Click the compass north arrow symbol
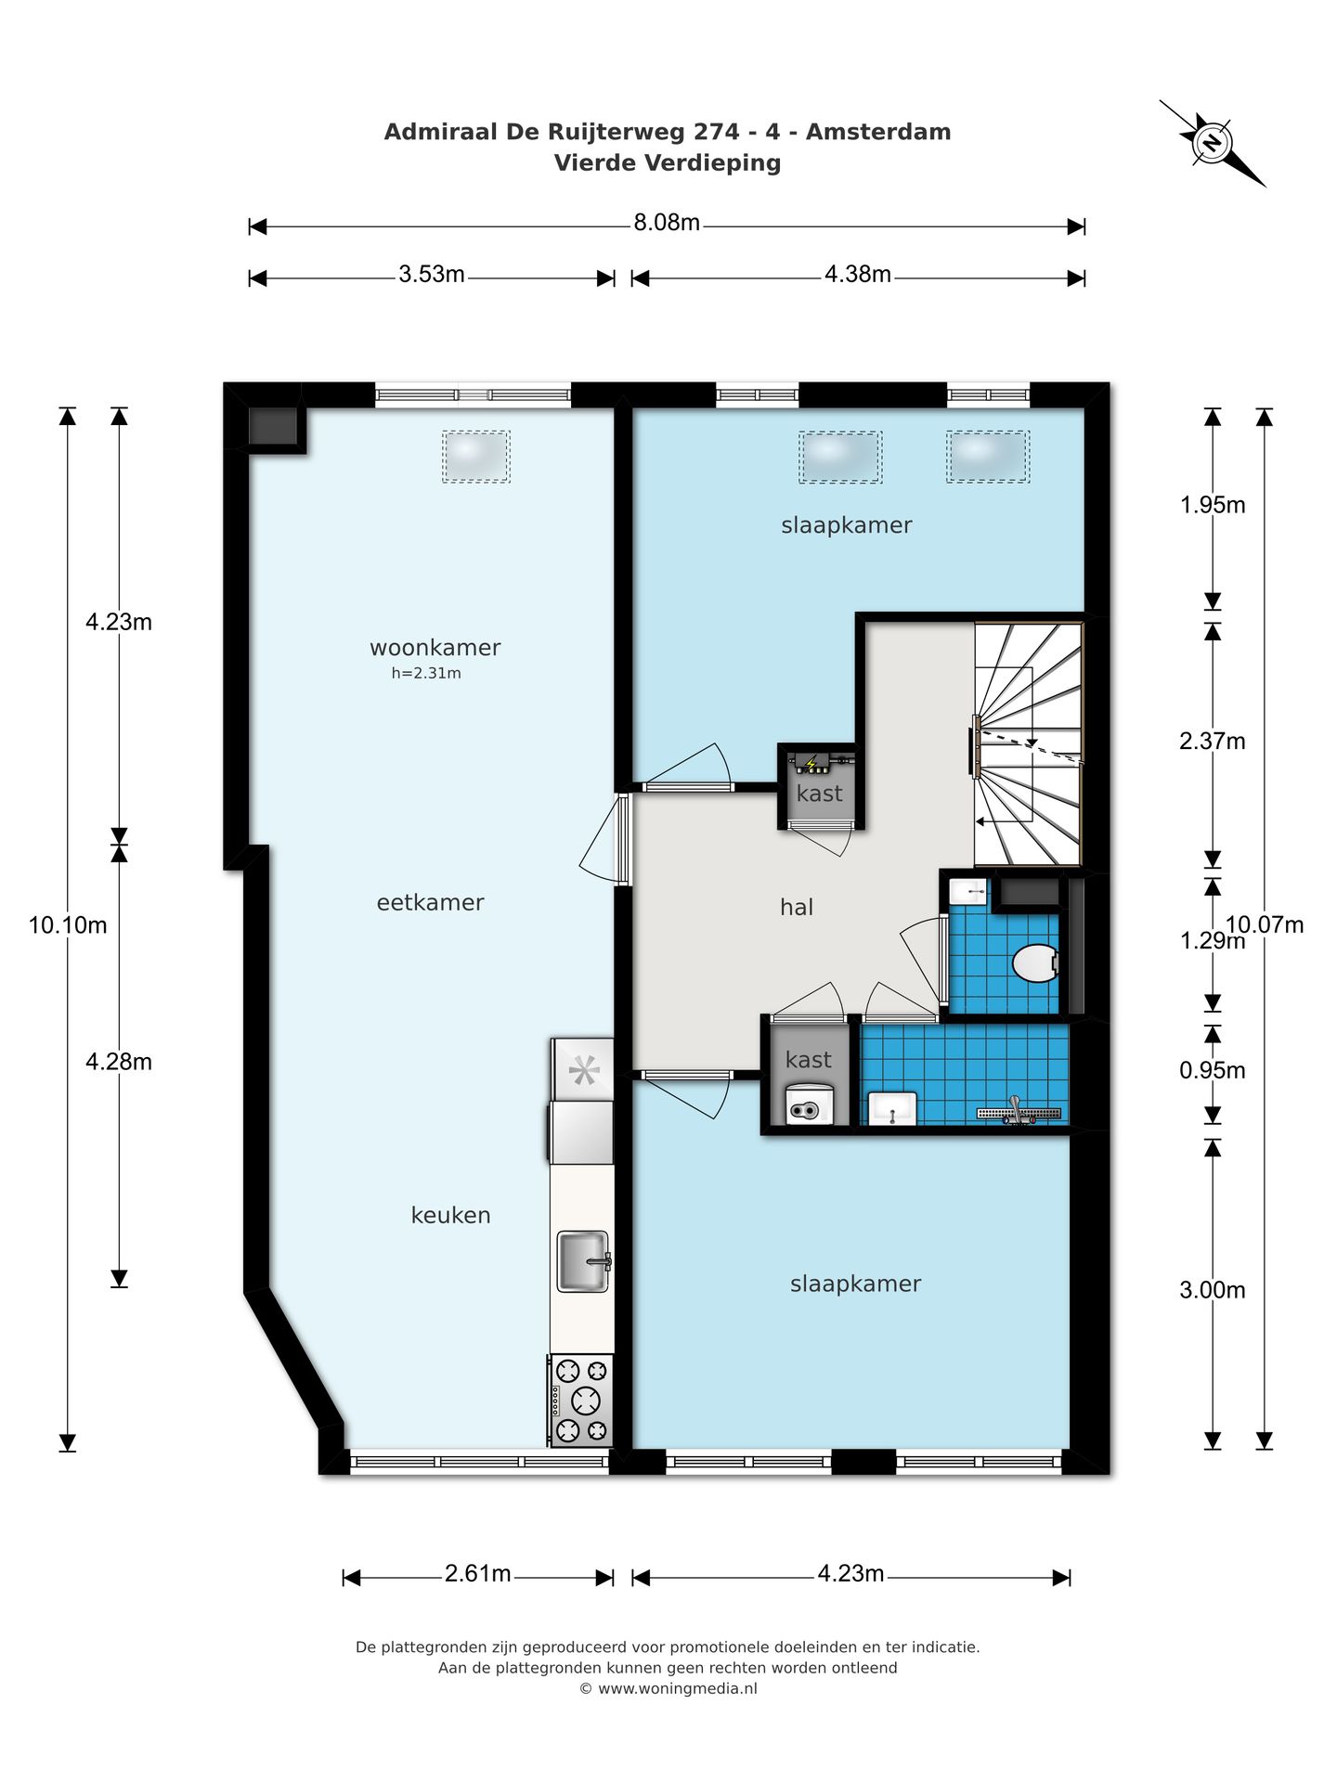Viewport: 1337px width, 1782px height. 1212,143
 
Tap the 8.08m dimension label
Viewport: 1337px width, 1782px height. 666,223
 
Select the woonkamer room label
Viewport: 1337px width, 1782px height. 435,647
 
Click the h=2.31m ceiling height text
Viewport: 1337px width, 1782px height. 426,674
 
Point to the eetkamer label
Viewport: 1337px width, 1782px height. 430,902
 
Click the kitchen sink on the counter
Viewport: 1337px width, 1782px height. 583,1261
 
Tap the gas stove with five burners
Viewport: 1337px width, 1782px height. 581,1400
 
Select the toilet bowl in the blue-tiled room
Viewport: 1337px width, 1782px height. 1034,963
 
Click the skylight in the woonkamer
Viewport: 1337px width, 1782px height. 476,456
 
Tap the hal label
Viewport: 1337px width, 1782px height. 796,907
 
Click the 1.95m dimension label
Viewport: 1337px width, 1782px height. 1212,505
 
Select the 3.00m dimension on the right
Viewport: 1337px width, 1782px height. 1212,1290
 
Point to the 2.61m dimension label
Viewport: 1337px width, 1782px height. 477,1574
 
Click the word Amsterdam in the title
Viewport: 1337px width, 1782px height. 877,132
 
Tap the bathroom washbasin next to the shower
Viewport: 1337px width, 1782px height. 892,1108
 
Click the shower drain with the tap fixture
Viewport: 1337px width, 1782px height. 1019,1111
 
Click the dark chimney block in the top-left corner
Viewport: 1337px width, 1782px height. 272,426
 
